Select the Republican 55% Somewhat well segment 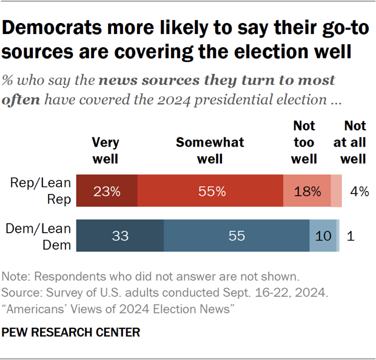click(211, 192)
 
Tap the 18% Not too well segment click(307, 192)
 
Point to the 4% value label click(360, 192)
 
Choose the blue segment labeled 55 click(237, 236)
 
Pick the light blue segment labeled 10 click(323, 236)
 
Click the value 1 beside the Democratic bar click(351, 236)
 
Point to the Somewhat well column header click(210, 150)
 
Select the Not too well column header click(304, 142)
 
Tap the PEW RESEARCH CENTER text click(71, 332)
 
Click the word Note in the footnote click(16, 276)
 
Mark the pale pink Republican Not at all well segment click(337, 192)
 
